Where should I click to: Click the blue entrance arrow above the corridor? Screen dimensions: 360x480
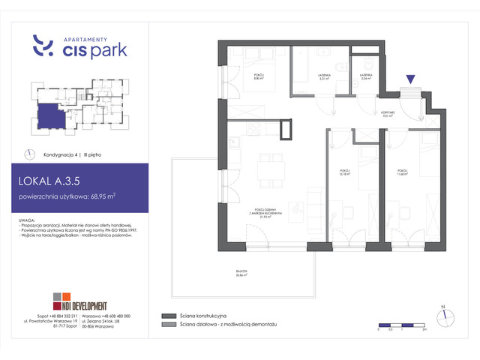pyautogui.click(x=410, y=78)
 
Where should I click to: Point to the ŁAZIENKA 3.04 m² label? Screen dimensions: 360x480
pyautogui.click(x=366, y=77)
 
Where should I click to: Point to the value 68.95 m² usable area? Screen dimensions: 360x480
pyautogui.click(x=100, y=197)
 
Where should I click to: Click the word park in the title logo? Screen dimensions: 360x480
pyautogui.click(x=108, y=50)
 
